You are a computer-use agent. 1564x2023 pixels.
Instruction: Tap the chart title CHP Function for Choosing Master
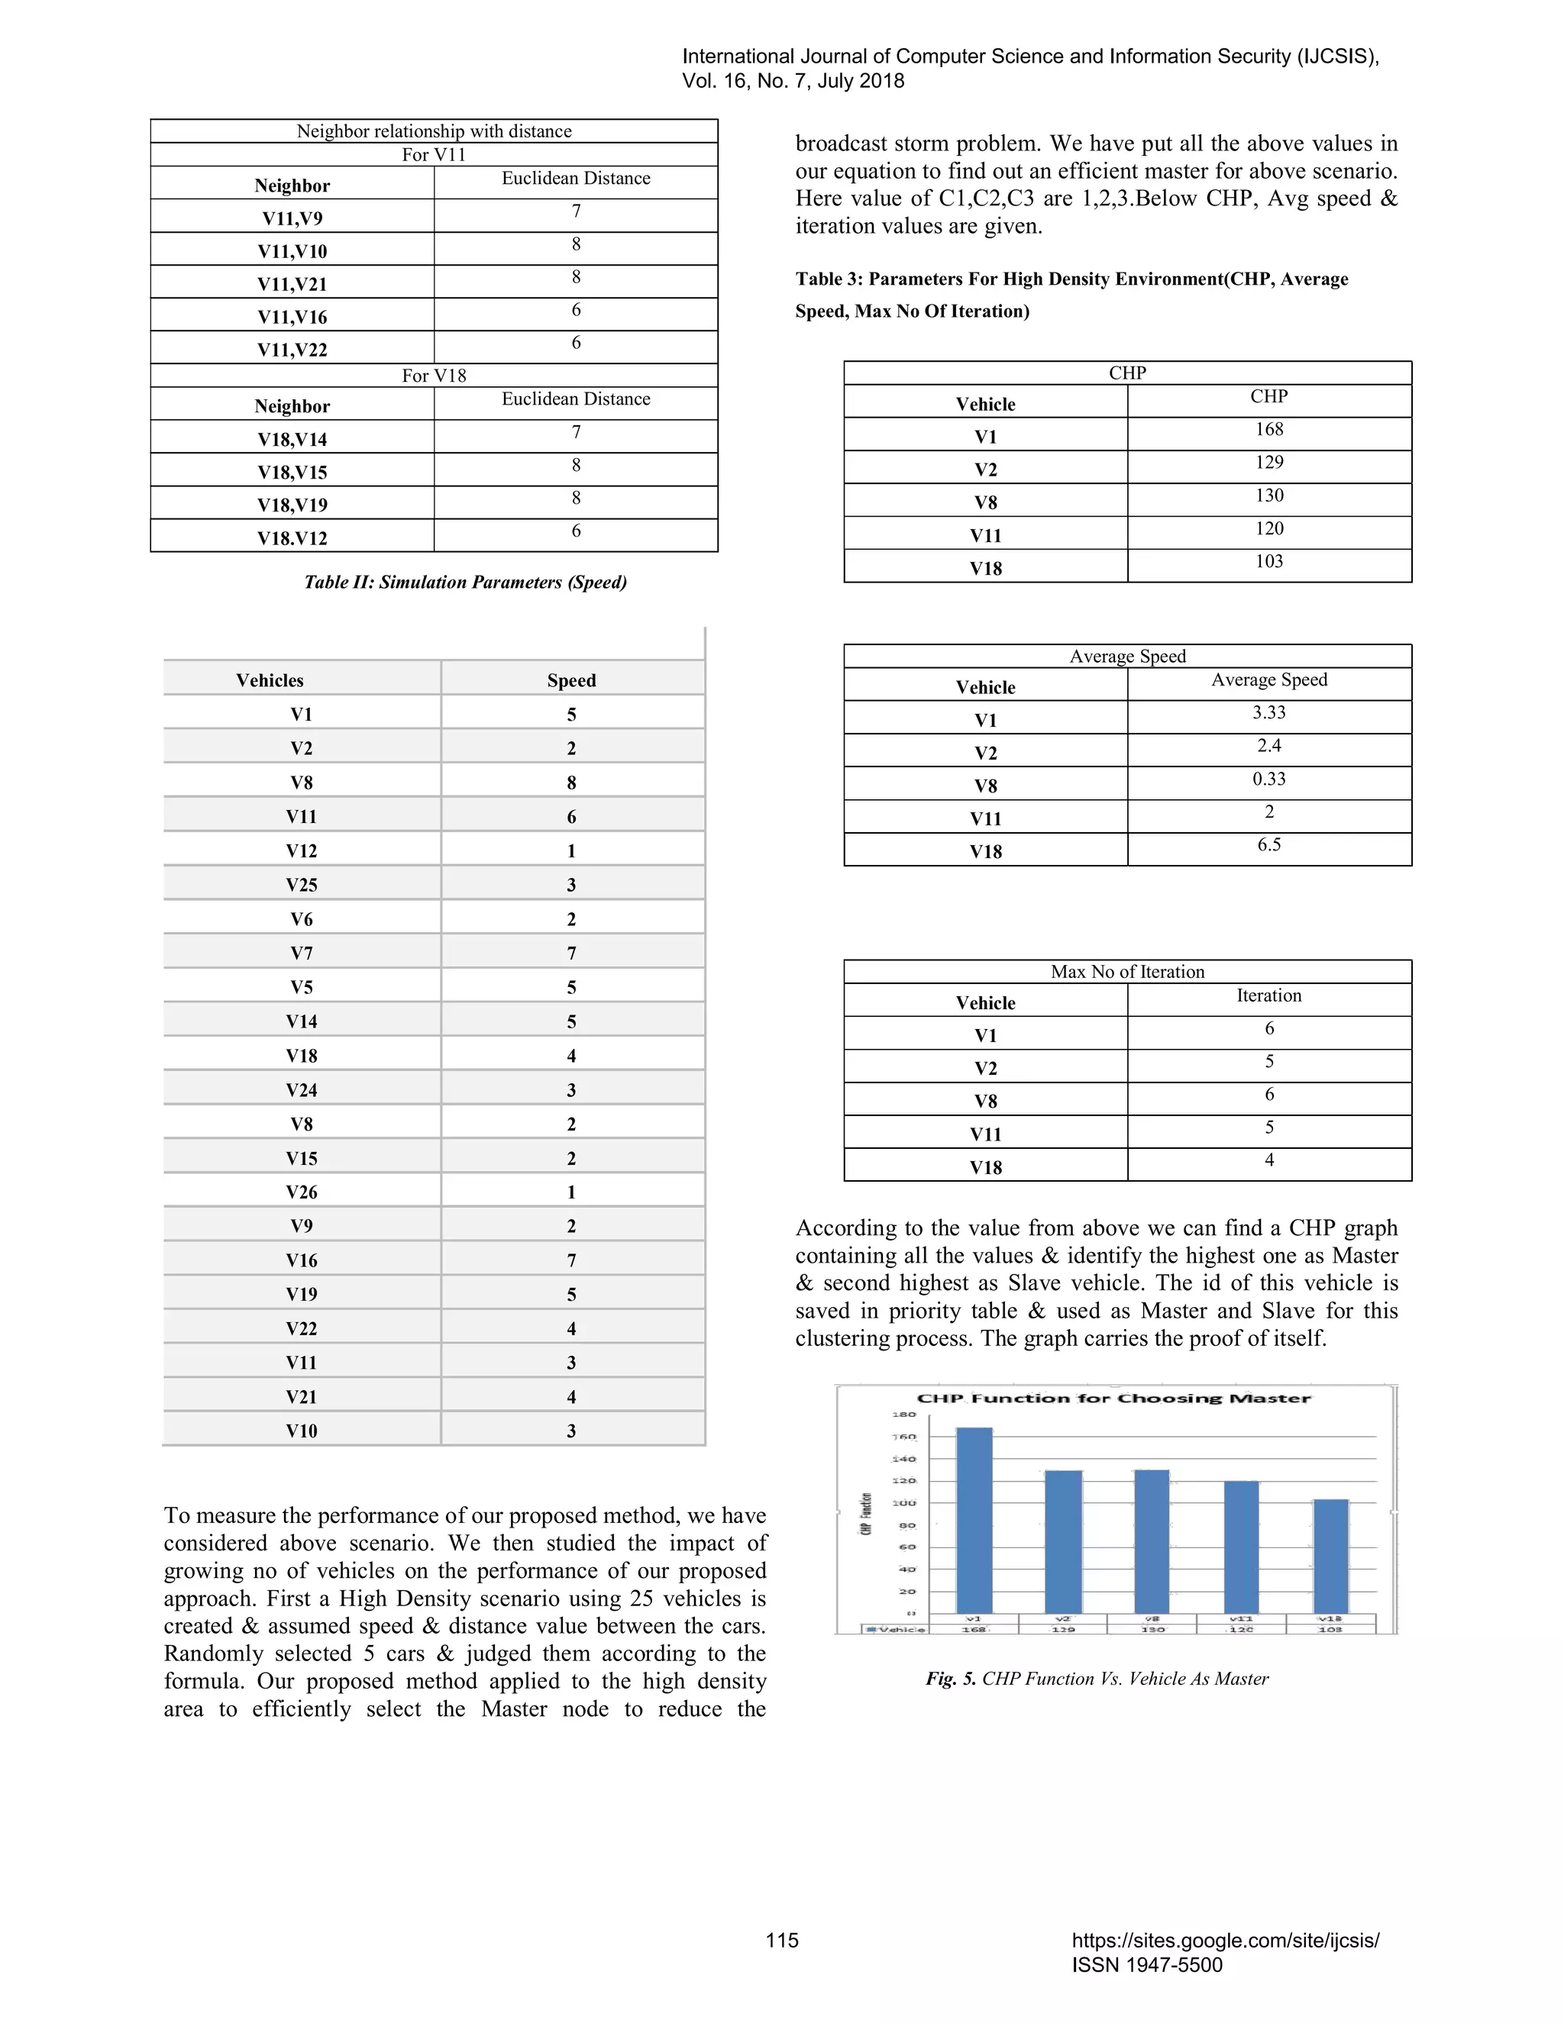[x=1113, y=1398]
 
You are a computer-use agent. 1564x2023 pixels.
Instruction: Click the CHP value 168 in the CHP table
[x=1268, y=430]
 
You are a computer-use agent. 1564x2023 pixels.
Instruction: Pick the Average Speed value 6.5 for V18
[x=1268, y=845]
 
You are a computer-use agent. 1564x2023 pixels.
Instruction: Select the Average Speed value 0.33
[x=1268, y=779]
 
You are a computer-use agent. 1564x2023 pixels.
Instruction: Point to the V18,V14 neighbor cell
[x=292, y=439]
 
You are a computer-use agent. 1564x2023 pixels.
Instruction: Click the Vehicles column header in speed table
[x=270, y=680]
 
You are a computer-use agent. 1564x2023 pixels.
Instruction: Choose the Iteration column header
[x=1268, y=995]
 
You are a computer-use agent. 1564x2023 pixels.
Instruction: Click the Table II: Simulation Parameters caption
[x=465, y=582]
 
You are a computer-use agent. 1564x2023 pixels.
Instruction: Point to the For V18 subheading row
[x=434, y=375]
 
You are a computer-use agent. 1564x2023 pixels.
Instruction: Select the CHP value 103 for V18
[x=1268, y=561]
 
